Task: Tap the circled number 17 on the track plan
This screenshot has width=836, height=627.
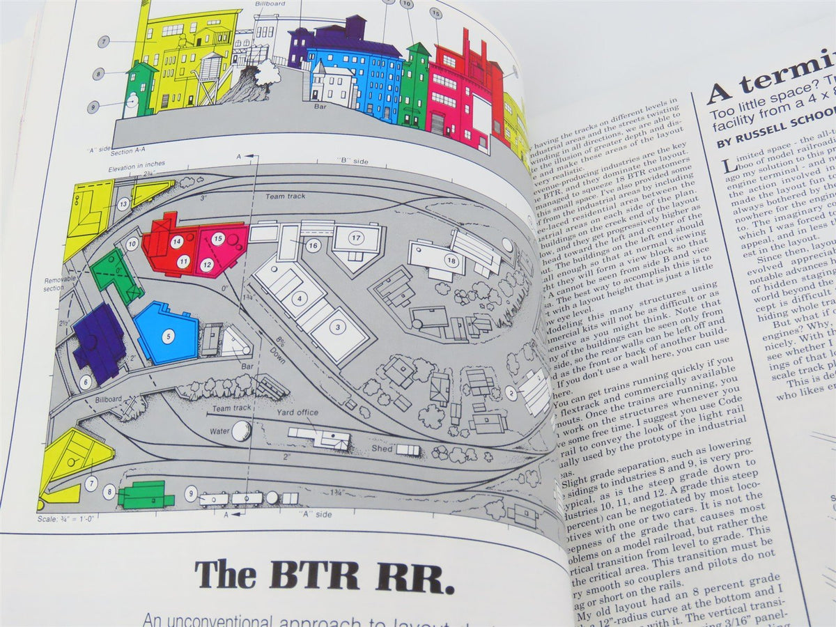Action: coord(355,238)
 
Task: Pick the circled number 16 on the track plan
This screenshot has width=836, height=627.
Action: coord(313,245)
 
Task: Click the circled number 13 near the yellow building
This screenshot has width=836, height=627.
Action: coord(123,204)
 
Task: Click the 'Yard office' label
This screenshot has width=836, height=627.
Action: coord(297,412)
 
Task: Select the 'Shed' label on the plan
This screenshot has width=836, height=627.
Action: coord(381,449)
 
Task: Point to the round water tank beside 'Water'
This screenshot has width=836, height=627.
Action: coord(240,431)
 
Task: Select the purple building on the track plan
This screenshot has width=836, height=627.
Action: coord(100,342)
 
